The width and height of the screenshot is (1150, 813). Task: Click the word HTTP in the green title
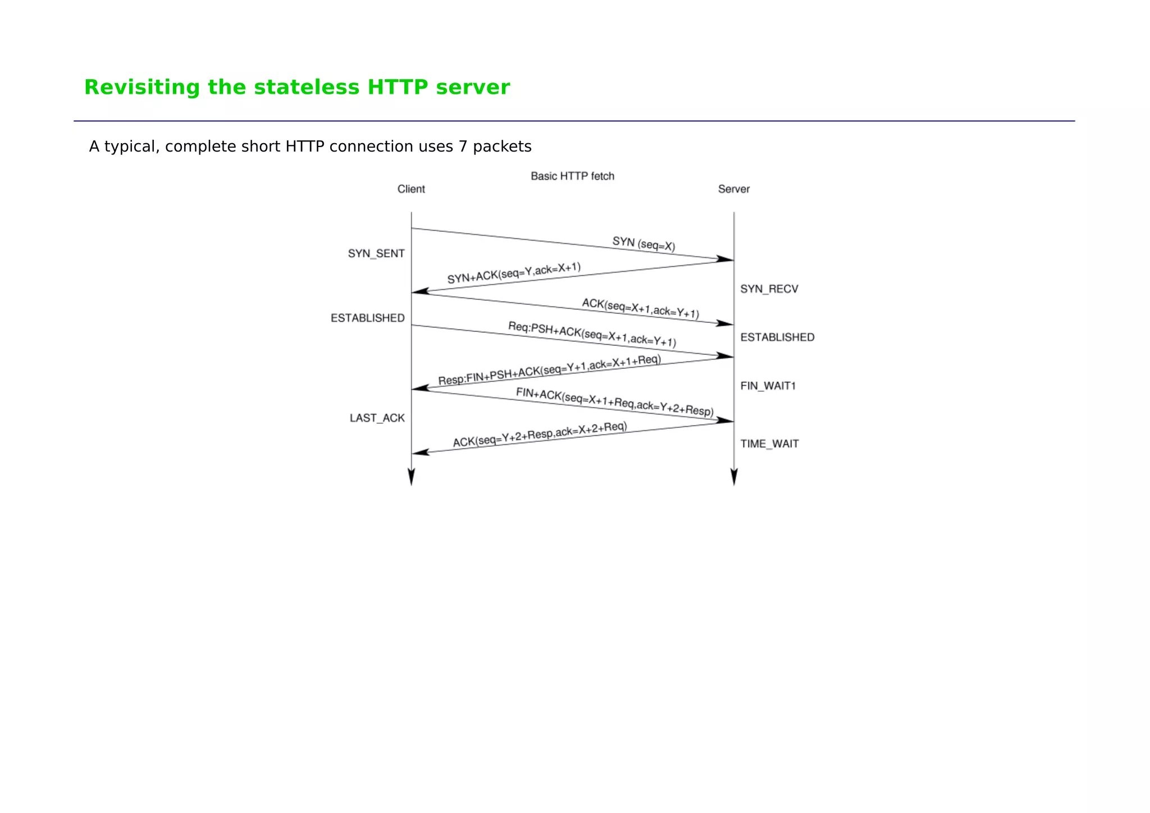pos(397,88)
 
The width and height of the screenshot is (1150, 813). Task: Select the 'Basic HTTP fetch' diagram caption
pos(572,176)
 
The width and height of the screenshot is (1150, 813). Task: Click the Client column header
pos(411,189)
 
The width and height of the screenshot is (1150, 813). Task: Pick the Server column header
pos(733,189)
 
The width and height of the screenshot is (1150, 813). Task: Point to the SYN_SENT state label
pos(376,254)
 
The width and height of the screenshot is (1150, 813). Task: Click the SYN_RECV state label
pos(769,289)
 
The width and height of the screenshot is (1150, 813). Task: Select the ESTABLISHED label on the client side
pos(367,318)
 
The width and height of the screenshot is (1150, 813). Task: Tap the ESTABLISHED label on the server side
pos(777,337)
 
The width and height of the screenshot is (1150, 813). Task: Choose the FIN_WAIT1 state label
pos(768,386)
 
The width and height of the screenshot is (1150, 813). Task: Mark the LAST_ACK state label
pos(377,418)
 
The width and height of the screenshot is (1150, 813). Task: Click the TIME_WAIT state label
pos(769,444)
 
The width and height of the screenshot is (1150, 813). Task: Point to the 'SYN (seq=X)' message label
pos(644,244)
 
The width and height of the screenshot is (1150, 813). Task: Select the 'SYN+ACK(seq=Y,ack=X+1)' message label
pos(514,273)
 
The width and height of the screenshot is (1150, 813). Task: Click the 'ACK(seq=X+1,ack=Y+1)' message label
pos(640,308)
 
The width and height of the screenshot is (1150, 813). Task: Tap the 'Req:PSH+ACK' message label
pos(592,334)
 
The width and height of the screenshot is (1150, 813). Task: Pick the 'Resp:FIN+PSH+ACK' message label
pos(549,369)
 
